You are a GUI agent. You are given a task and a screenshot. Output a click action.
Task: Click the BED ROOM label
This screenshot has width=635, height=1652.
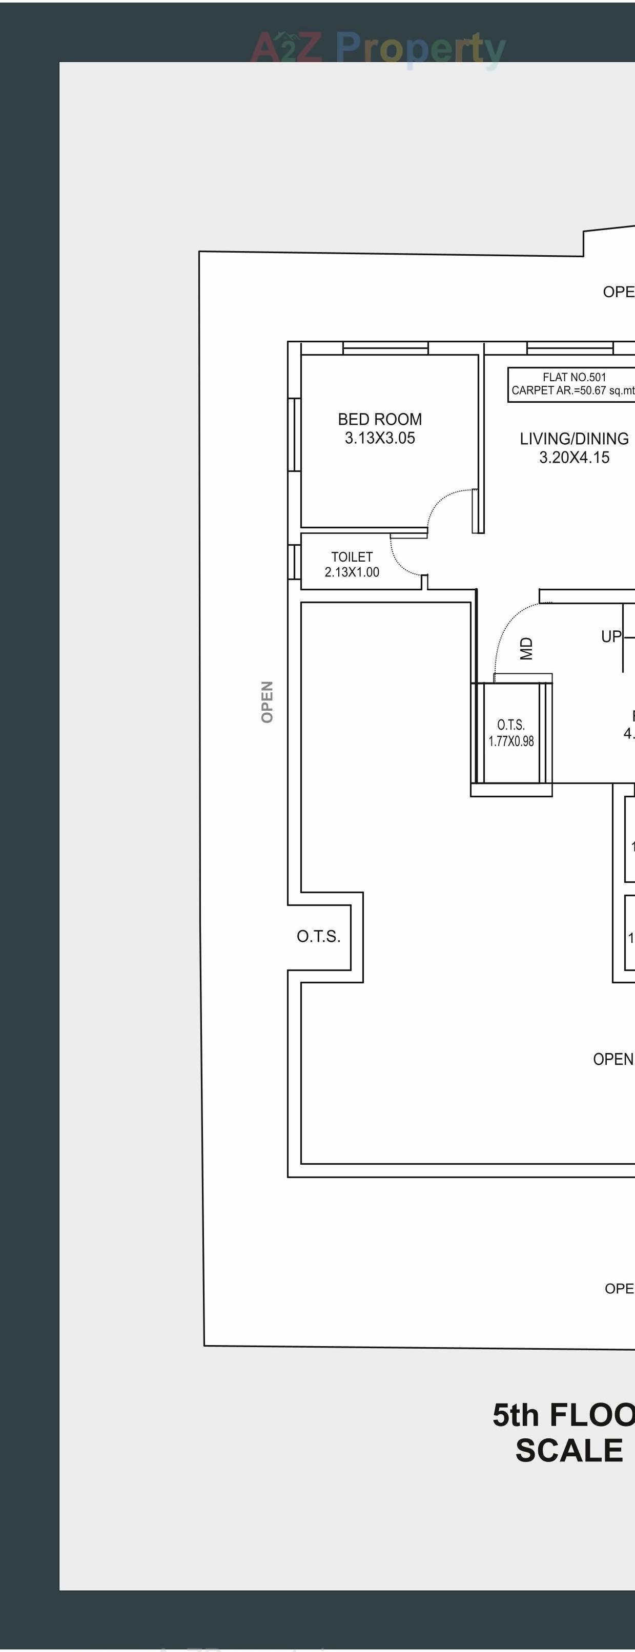point(380,420)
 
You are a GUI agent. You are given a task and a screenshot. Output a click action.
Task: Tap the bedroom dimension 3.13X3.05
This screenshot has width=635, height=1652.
point(380,438)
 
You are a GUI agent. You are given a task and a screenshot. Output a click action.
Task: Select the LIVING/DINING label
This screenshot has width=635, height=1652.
point(574,439)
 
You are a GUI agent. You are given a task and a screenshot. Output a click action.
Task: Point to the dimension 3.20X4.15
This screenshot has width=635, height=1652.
point(574,457)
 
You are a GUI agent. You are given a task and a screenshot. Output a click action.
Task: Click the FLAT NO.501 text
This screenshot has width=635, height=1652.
point(574,377)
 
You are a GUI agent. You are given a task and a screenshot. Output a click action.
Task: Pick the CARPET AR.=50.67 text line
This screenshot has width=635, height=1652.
point(573,390)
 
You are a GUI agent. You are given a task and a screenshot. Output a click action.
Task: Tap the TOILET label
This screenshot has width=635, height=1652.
point(352,556)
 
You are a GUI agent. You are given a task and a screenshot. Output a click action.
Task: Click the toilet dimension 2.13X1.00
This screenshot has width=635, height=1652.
point(352,572)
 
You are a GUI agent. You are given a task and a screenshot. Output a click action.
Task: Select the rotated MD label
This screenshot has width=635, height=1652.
point(526,648)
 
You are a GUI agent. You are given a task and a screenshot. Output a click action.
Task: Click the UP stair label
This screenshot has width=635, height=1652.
point(610,636)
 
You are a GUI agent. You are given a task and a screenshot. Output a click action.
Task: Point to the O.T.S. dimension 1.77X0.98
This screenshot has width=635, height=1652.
point(510,741)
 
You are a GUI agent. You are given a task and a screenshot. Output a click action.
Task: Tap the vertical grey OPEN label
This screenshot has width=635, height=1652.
point(268,701)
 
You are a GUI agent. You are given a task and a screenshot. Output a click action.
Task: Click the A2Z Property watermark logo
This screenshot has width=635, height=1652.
point(378,48)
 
